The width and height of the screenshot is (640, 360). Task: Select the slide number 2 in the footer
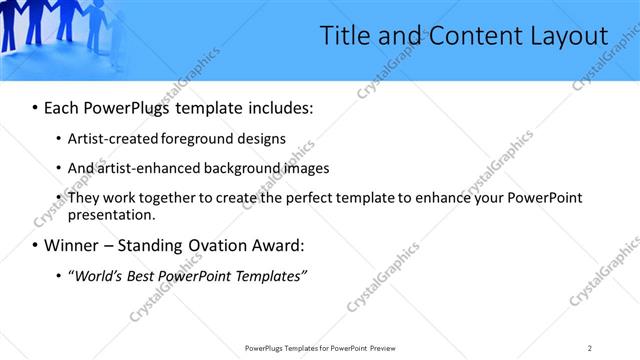click(590, 347)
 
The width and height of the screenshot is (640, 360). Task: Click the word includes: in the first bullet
click(275, 107)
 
